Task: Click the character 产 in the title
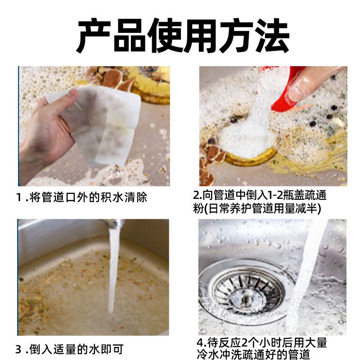tap(94, 36)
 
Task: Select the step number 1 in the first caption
tap(19, 198)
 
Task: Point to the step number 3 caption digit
tap(19, 350)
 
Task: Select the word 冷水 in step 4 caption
tap(207, 354)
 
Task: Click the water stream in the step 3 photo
tap(114, 271)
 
